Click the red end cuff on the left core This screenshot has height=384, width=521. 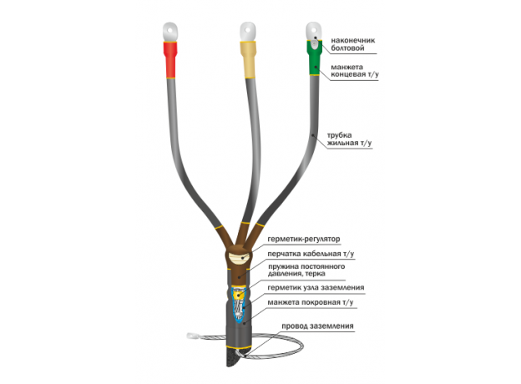point(169,58)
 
